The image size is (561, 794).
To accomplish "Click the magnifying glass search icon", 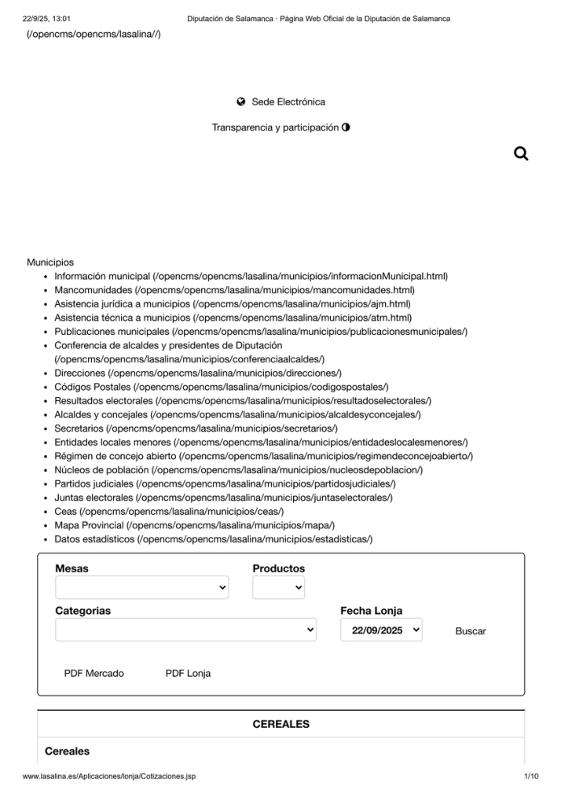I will [520, 154].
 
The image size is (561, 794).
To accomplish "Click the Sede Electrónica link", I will [288, 101].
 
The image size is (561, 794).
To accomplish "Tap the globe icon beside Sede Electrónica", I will [241, 101].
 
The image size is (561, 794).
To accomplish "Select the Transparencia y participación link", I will [275, 127].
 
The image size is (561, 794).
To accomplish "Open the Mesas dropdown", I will [142, 587].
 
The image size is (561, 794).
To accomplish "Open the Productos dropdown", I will [278, 587].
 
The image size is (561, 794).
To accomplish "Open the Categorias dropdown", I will [185, 630].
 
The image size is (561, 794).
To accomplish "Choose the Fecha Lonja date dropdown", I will [381, 630].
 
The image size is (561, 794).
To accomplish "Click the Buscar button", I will [471, 631].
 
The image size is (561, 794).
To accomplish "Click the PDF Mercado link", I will [94, 673].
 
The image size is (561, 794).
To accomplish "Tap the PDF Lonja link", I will [188, 673].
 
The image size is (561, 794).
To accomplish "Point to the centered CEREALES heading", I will [280, 724].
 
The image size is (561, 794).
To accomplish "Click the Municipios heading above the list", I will [50, 263].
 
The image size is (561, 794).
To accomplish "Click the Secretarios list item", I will [79, 428].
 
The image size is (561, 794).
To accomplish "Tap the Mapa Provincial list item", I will [90, 525].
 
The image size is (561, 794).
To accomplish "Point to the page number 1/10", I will [530, 777].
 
